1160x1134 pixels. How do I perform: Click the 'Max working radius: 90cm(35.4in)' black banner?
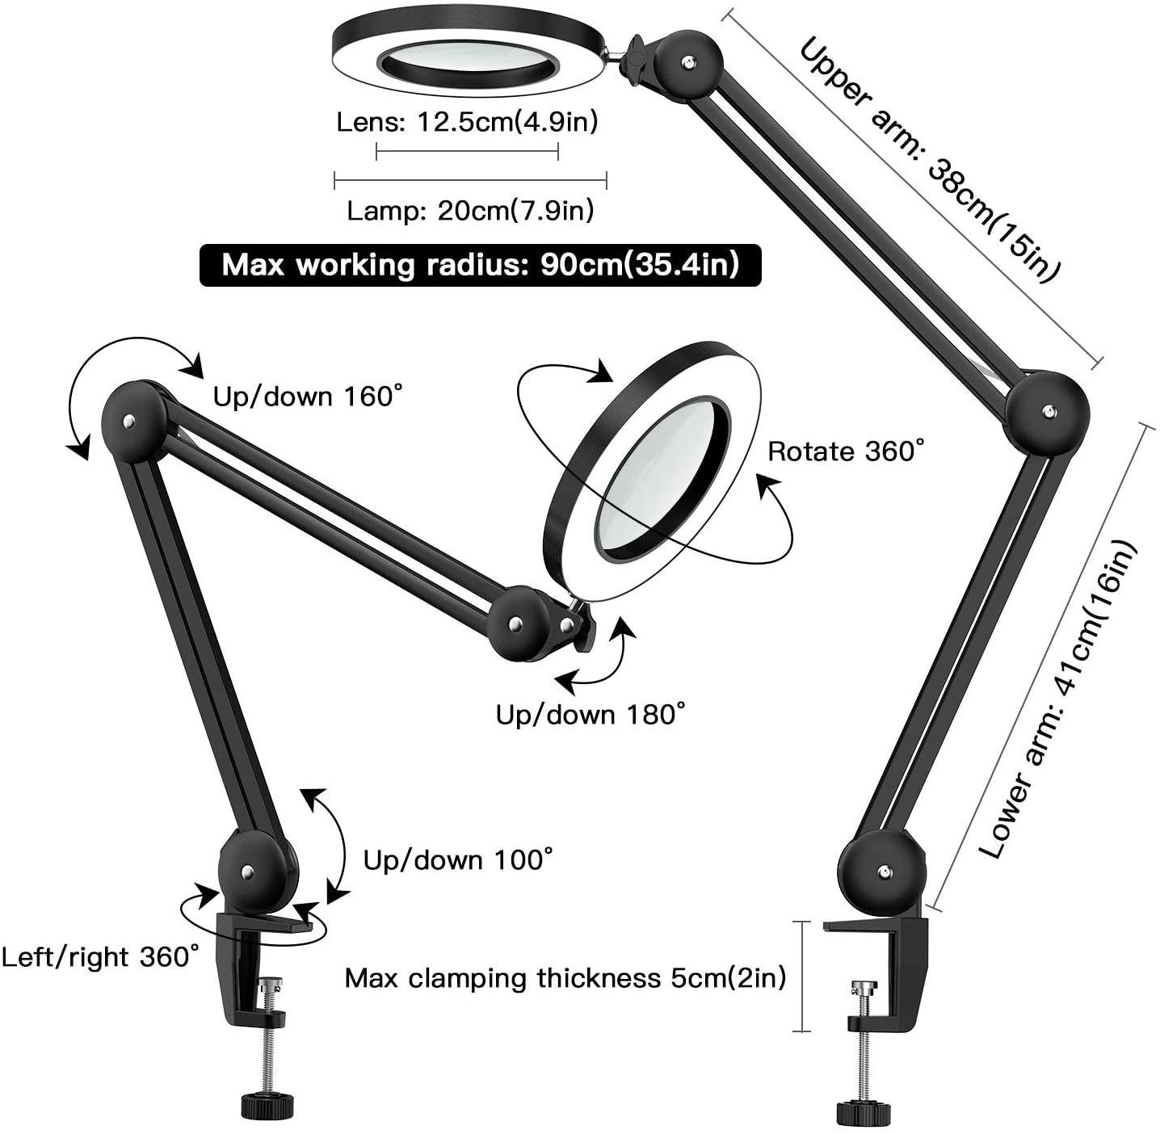tap(480, 265)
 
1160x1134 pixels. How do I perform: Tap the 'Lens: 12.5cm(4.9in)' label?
tap(467, 122)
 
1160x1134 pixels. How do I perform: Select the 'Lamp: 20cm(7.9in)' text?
tap(470, 211)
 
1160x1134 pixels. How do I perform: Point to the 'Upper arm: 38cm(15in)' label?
tap(929, 160)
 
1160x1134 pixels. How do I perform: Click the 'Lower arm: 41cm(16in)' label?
tap(1058, 699)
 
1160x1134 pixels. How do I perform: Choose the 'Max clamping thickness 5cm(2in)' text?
tap(565, 978)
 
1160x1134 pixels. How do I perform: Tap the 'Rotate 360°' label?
tap(846, 451)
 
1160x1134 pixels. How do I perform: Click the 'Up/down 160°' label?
tap(308, 396)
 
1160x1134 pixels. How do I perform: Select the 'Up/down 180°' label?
tap(591, 714)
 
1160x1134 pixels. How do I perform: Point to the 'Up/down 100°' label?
tap(458, 859)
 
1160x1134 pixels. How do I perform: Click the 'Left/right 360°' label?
tap(99, 957)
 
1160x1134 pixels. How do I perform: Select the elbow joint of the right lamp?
tap(1047, 414)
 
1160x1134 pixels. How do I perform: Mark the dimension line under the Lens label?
tap(467, 151)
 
